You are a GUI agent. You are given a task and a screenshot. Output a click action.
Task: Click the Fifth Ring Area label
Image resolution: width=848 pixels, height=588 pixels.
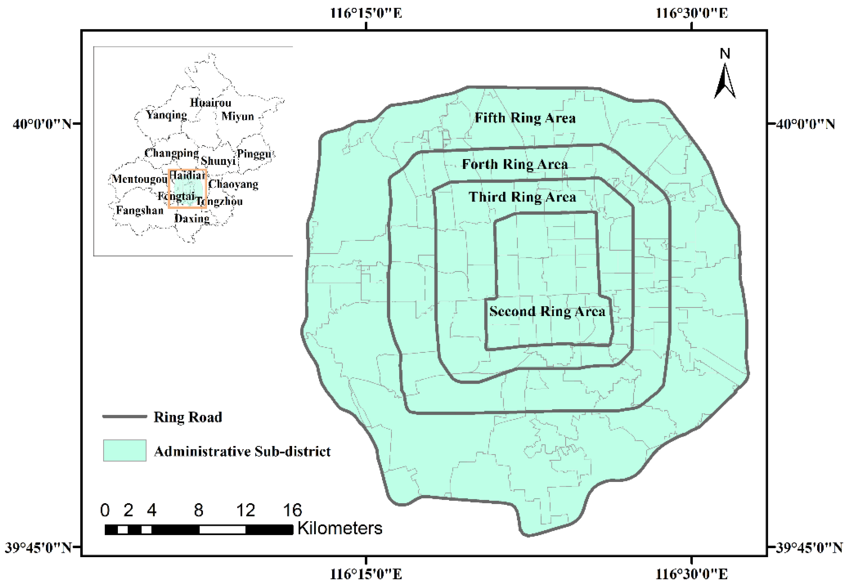[x=525, y=118]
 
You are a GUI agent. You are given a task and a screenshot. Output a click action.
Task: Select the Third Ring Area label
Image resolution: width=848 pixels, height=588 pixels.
[x=522, y=197]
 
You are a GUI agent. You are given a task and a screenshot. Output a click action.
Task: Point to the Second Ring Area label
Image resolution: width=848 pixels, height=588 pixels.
[x=547, y=311]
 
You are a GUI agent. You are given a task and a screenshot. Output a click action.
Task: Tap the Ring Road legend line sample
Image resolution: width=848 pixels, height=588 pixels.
[x=125, y=417]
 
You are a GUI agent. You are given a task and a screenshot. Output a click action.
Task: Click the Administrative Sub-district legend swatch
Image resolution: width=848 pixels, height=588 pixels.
[x=125, y=450]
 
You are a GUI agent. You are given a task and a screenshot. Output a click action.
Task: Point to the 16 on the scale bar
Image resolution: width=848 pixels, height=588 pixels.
[x=292, y=510]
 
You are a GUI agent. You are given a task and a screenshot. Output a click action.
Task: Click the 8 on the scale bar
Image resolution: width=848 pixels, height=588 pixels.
[x=199, y=510]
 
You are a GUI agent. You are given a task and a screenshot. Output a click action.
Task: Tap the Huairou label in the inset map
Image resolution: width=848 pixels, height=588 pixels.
[x=211, y=102]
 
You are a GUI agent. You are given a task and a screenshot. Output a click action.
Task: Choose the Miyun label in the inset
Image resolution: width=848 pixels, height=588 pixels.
[x=237, y=117]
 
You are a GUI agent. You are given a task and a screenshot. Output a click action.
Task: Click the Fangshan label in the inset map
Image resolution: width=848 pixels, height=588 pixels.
[x=139, y=210]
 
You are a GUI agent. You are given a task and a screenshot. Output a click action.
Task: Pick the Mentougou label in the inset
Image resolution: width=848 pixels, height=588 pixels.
[x=139, y=179]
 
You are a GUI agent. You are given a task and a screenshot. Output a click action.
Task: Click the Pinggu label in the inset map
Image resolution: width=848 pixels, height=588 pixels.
[x=254, y=154]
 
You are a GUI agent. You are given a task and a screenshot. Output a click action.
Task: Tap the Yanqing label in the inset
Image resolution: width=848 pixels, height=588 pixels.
[x=166, y=115]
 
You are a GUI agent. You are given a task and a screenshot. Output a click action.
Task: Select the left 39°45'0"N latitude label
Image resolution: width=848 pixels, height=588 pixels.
[x=38, y=548]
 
